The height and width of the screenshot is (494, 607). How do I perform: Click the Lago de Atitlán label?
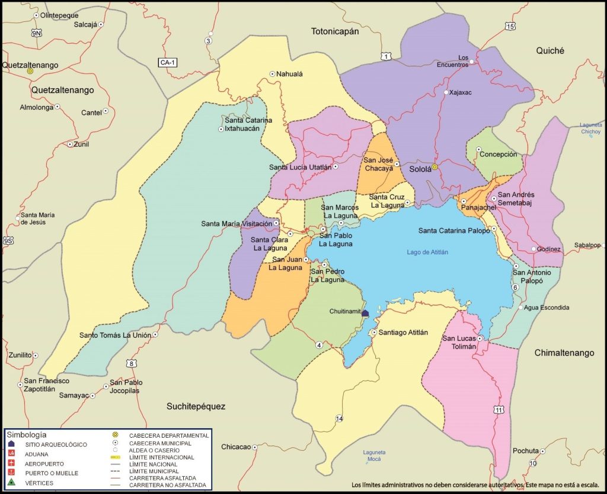click(427, 252)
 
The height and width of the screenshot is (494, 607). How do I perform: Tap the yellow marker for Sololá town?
click(435, 168)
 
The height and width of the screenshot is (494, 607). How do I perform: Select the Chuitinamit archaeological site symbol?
click(365, 313)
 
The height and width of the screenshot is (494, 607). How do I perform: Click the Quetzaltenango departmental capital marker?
click(30, 70)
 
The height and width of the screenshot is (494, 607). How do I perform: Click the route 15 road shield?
click(510, 26)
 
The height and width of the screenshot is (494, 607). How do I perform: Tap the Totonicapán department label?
click(336, 31)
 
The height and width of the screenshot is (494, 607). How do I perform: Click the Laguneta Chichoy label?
click(591, 129)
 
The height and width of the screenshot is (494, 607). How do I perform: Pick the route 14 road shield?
click(339, 419)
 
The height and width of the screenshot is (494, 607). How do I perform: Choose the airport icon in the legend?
click(11, 463)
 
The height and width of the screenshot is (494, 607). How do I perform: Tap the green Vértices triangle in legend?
click(11, 483)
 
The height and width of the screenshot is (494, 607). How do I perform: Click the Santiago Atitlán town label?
click(403, 332)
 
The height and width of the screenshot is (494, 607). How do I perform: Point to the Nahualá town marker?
click(273, 74)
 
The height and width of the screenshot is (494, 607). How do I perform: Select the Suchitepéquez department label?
click(196, 406)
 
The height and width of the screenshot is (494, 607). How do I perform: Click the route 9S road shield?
click(8, 240)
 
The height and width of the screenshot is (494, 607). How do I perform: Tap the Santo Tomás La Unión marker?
click(155, 335)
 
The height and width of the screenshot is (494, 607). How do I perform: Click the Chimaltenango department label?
click(564, 352)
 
